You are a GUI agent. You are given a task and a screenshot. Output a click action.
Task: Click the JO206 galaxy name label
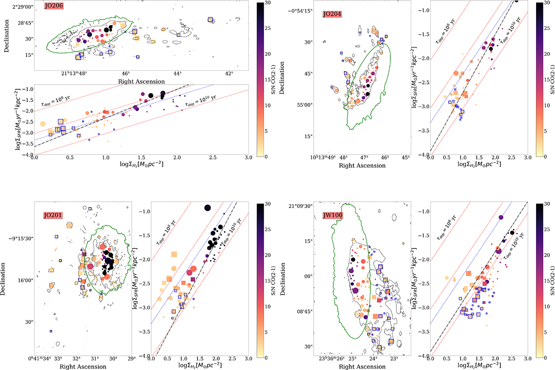coord(54,6)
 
